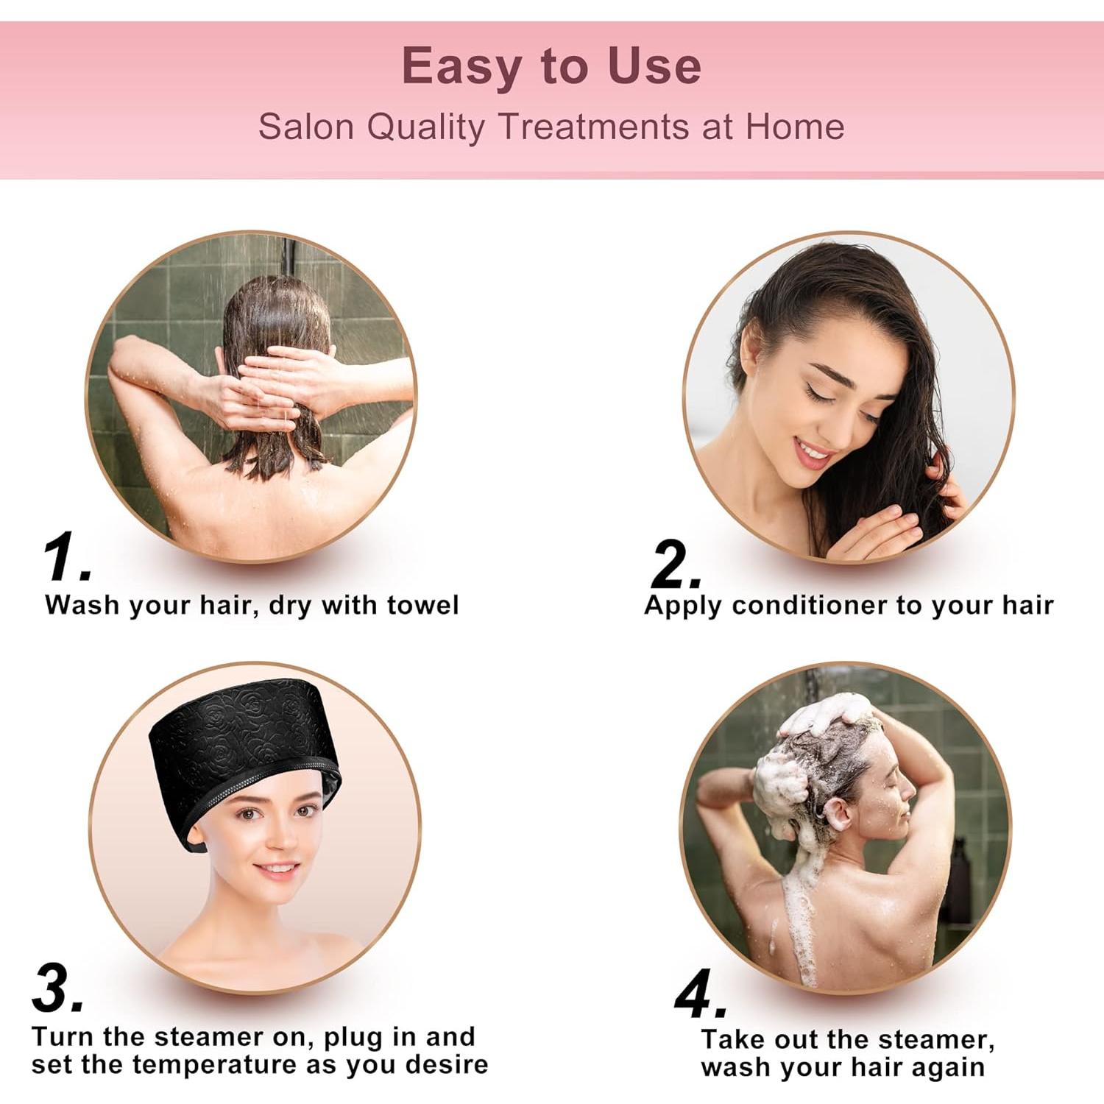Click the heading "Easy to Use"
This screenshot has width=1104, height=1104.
(x=551, y=66)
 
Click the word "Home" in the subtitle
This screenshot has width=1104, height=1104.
(x=794, y=127)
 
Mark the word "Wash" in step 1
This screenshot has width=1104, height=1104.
(x=82, y=605)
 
